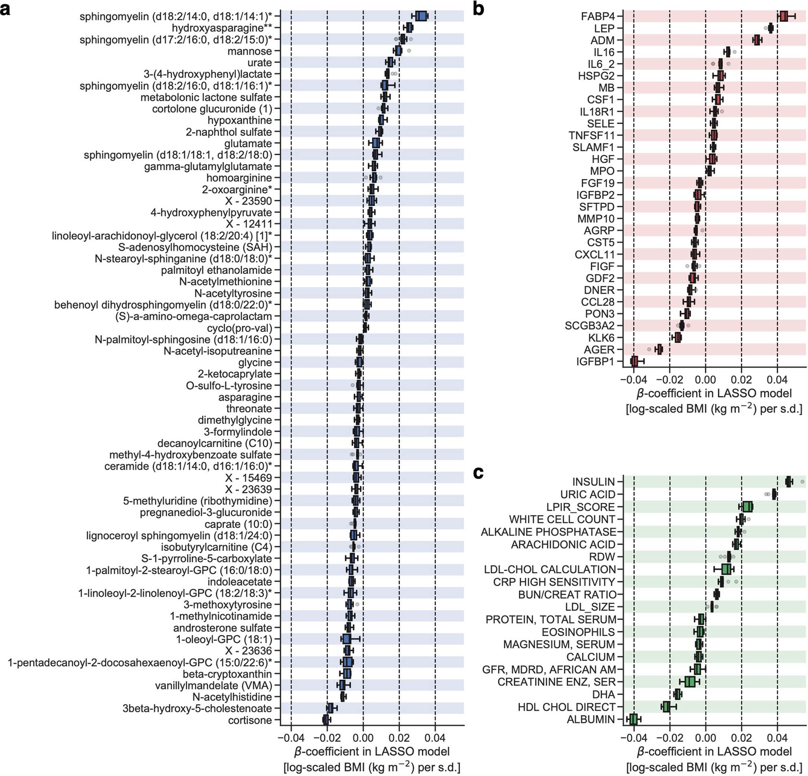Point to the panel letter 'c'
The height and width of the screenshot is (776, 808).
[478, 473]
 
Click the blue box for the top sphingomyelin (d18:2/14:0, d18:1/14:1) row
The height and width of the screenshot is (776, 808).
[420, 16]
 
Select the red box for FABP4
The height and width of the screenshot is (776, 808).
[783, 16]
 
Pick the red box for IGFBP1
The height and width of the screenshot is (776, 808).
[634, 361]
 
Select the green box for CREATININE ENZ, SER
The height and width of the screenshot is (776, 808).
[690, 682]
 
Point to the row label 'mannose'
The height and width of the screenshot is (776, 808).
[250, 51]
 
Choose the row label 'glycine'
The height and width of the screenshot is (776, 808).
[255, 362]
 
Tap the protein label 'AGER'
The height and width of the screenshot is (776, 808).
[599, 349]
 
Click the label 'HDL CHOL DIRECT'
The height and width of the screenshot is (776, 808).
[566, 707]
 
